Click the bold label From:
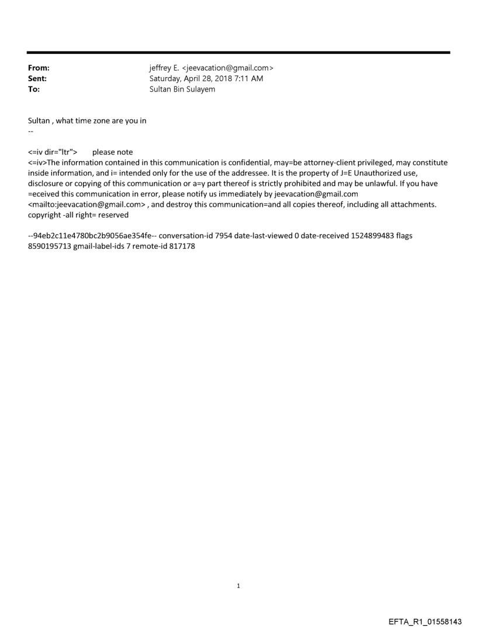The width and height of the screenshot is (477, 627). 39,68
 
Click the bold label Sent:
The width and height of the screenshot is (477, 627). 37,79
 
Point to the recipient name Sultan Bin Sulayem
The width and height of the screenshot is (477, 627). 182,89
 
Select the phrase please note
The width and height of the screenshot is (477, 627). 112,153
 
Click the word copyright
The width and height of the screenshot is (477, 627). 46,216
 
